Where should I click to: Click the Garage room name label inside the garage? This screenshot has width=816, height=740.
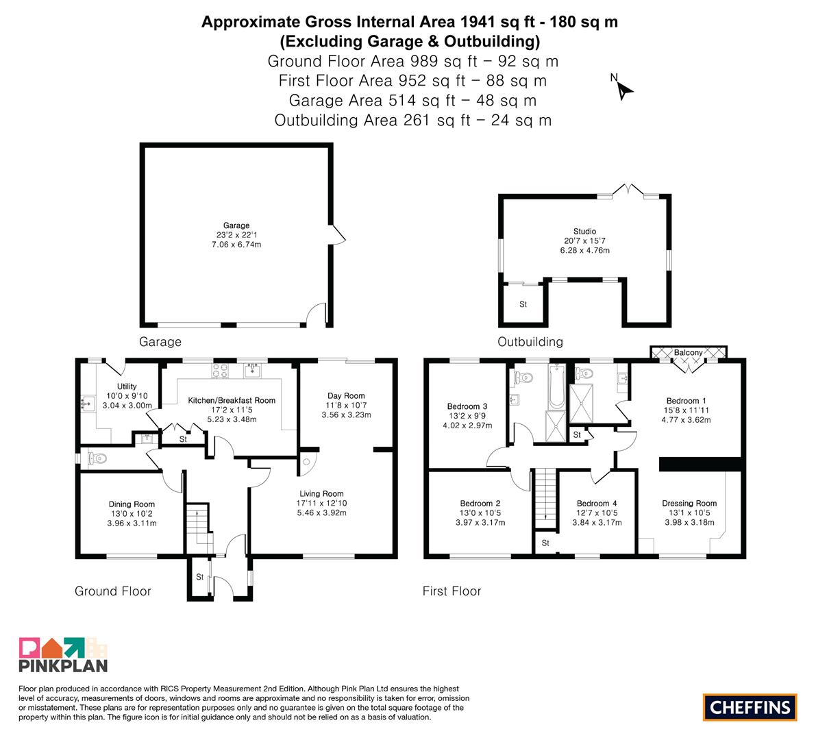tap(236, 225)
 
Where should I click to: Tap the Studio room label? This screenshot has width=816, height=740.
tap(584, 231)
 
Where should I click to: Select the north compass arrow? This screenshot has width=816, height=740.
tap(624, 91)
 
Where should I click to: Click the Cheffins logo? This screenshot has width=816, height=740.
tap(750, 707)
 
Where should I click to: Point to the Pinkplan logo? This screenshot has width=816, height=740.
tap(63, 654)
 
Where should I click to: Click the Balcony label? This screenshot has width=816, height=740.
tap(688, 352)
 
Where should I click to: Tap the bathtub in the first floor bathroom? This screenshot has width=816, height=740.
tap(556, 386)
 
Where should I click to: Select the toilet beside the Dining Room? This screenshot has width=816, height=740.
tap(97, 458)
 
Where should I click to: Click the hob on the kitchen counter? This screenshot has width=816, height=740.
tap(220, 371)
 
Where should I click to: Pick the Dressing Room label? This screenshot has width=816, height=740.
tap(689, 503)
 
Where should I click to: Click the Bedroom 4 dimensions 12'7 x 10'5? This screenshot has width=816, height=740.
tap(597, 513)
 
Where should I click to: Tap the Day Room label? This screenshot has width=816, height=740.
tap(346, 395)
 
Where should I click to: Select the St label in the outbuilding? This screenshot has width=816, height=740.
tap(523, 304)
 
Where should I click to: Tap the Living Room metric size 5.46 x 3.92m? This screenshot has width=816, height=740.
tap(321, 513)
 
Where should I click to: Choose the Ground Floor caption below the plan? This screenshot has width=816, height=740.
tap(113, 591)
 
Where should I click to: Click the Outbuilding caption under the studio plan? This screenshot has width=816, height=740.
tap(530, 342)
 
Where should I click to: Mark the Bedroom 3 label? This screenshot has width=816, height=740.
tap(467, 406)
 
